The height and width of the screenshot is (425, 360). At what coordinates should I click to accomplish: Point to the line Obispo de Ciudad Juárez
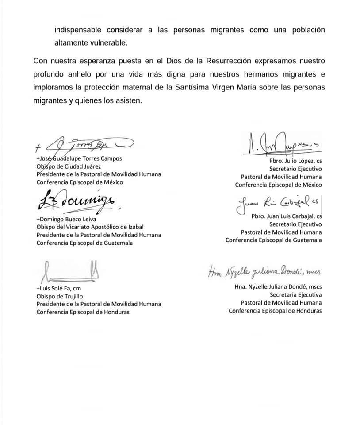click(69, 166)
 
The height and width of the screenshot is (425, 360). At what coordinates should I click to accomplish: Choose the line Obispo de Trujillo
click(59, 296)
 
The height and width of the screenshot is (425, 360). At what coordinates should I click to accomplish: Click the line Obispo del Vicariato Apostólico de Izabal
click(93, 227)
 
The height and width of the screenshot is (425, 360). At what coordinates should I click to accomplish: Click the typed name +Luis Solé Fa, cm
click(61, 288)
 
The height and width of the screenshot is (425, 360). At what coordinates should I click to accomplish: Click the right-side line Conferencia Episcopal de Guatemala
click(273, 240)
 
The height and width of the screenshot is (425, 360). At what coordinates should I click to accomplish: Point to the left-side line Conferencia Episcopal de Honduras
click(83, 312)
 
